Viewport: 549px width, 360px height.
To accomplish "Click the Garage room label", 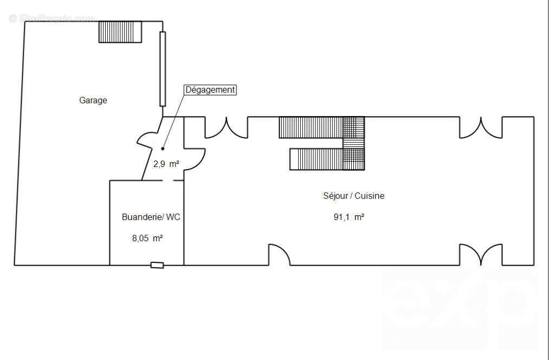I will click(x=93, y=100).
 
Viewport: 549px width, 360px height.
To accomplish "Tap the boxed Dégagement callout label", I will click(x=211, y=90).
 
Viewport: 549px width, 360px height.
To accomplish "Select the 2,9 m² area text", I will click(x=166, y=163).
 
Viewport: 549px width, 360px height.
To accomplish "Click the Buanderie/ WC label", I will click(x=151, y=217).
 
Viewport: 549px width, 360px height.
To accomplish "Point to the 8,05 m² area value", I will click(x=148, y=238).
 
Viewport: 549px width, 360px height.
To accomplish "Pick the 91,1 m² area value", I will click(x=348, y=217).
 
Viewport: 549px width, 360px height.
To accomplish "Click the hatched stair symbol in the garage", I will click(x=120, y=32).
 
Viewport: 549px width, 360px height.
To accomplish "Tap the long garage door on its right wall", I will click(x=163, y=69).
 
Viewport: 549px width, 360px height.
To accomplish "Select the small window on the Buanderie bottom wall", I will click(x=157, y=265).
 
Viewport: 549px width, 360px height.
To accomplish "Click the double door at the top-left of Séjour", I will click(x=226, y=127).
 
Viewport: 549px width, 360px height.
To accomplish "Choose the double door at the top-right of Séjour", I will click(x=481, y=127).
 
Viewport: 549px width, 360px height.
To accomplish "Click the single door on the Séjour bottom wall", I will click(x=280, y=255).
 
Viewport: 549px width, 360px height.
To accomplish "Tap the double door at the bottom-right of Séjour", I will click(x=481, y=255).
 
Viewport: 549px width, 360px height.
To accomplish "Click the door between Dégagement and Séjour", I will click(x=194, y=159).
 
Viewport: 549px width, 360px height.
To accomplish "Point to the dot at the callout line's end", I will click(x=163, y=148).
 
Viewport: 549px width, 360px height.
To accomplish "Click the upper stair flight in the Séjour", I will click(x=311, y=127).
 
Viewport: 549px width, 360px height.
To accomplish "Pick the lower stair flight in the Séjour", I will click(x=317, y=159).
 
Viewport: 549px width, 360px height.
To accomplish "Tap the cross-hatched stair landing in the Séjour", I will click(x=354, y=143).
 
